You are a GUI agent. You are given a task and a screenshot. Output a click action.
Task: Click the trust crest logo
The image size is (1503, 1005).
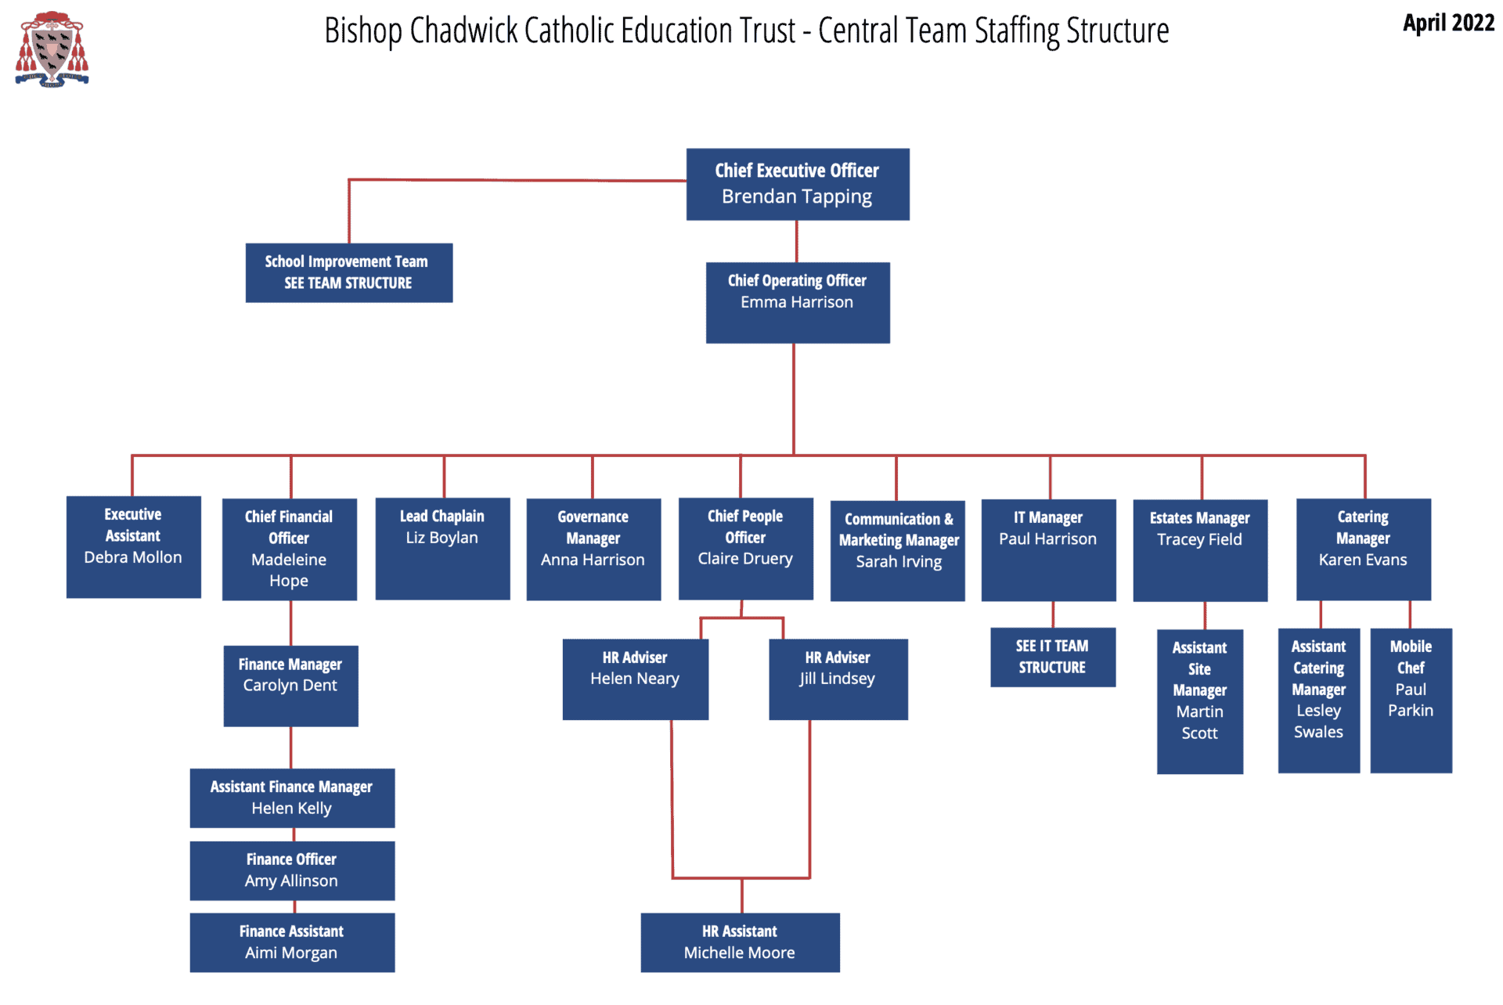(52, 49)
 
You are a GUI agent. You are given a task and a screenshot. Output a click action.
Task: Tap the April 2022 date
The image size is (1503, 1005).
(1447, 23)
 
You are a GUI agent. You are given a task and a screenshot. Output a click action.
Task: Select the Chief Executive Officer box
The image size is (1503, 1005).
(797, 184)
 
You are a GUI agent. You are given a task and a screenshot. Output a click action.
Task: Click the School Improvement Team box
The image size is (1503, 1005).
(348, 272)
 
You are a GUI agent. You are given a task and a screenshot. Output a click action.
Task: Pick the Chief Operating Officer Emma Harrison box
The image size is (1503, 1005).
(797, 302)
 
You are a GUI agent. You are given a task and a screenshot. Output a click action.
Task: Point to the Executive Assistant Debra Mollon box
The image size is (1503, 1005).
(133, 546)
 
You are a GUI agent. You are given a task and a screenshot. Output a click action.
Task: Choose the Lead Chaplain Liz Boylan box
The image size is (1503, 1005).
(442, 548)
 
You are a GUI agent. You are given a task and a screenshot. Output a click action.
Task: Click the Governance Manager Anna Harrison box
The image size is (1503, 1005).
(593, 549)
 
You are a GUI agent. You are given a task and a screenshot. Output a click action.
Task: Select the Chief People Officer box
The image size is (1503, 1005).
(745, 548)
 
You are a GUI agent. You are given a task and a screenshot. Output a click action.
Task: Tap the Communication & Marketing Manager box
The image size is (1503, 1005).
(897, 550)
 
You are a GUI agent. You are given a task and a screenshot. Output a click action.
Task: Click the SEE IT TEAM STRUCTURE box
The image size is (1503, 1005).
(1052, 657)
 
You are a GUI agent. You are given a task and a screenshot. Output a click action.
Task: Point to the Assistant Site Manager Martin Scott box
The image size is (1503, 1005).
(1199, 701)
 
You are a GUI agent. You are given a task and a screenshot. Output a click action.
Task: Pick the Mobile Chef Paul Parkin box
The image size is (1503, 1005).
(1411, 700)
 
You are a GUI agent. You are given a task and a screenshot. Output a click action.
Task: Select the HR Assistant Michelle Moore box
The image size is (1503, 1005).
(740, 942)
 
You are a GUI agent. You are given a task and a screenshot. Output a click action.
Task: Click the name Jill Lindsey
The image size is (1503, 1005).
(837, 679)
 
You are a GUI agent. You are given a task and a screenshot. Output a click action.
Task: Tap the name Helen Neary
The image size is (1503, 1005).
(634, 679)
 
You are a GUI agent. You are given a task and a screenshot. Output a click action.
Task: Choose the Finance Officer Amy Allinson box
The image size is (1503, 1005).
(291, 870)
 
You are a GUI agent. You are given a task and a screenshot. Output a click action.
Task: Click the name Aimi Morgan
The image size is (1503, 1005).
(291, 953)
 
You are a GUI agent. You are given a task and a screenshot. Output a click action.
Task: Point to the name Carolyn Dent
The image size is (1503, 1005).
(290, 686)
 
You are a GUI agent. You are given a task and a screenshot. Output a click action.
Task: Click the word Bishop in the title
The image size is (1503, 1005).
(363, 31)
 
